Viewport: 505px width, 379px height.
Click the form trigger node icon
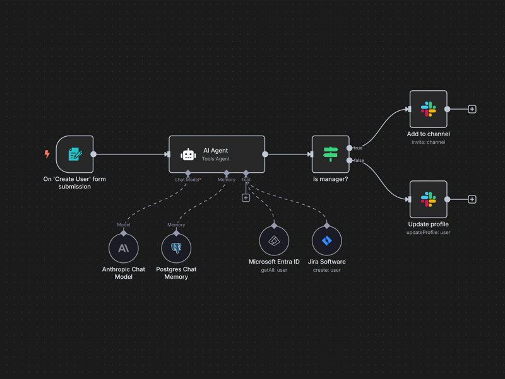pos(75,154)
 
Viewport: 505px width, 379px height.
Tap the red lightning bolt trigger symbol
pos(47,154)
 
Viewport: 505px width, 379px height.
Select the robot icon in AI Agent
pos(188,155)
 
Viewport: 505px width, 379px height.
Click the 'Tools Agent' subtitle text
pos(215,159)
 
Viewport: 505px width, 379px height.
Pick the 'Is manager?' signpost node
pos(330,154)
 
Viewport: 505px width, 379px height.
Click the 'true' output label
pos(358,148)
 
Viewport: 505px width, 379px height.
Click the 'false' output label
pos(359,161)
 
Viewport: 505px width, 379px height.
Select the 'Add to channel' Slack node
pos(428,109)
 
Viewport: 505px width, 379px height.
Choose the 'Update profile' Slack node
pos(428,199)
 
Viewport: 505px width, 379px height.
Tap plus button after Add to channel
pos(472,109)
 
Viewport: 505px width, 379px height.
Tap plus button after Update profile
pos(472,199)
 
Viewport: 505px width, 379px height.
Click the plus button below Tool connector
pos(246,198)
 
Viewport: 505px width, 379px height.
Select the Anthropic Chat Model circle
pos(123,248)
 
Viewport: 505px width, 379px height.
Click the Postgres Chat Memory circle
pos(176,248)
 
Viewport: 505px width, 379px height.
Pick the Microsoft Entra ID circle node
pos(274,240)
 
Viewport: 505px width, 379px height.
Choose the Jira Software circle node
pos(326,240)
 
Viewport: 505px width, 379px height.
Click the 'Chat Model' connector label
pos(187,180)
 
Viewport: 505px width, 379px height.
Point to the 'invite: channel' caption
pos(428,143)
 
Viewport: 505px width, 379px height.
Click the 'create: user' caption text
pos(326,270)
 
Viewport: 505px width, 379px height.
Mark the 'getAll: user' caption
pos(274,270)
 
